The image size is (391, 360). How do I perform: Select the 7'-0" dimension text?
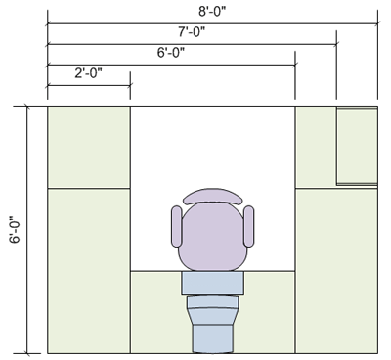[192, 32]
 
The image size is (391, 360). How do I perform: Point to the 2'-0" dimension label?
[88, 72]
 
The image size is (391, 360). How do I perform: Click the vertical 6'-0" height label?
[14, 230]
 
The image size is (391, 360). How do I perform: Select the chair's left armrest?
[176, 226]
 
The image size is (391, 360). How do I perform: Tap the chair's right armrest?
[249, 226]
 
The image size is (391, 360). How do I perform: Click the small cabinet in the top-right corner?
[356, 145]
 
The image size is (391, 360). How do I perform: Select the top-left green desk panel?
[88, 146]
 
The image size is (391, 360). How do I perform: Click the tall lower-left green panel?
[88, 270]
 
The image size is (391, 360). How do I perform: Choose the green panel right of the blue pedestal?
[268, 312]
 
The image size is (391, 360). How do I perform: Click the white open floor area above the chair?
[212, 147]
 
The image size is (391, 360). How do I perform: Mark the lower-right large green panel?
[335, 270]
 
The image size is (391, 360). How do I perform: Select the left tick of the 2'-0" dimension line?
[47, 85]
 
